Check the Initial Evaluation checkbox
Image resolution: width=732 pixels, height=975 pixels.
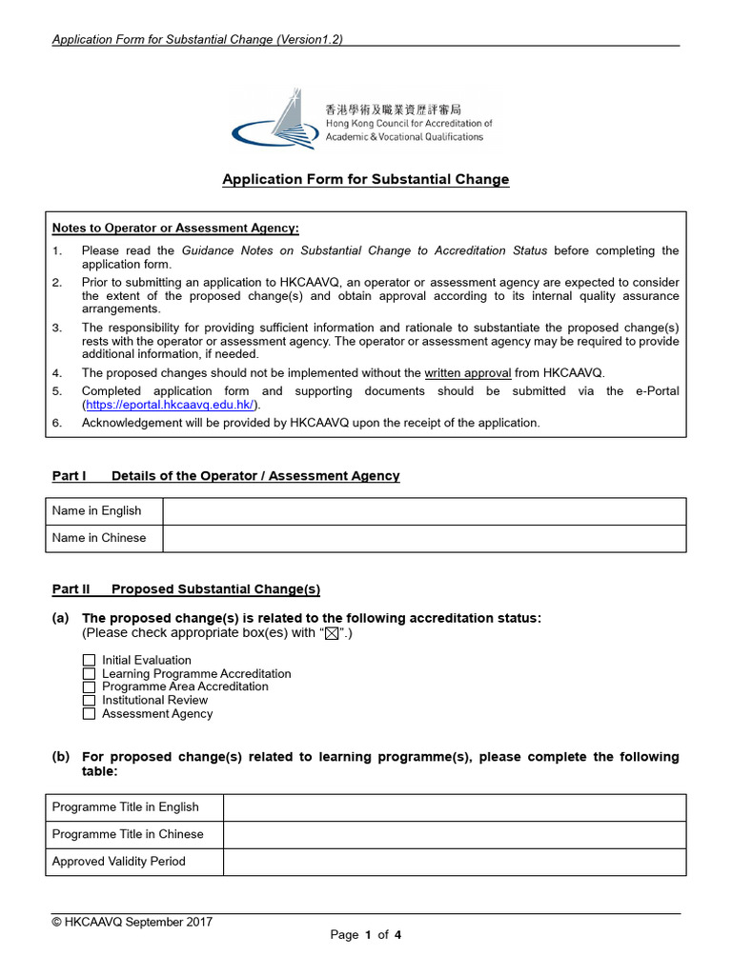pyautogui.click(x=89, y=660)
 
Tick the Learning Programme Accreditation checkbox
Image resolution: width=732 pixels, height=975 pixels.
pyautogui.click(x=89, y=673)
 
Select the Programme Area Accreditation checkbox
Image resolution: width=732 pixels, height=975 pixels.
pyautogui.click(x=89, y=686)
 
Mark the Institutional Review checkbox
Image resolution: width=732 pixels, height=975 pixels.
pyautogui.click(x=89, y=700)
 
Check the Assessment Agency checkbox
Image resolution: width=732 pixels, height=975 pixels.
pyautogui.click(x=89, y=713)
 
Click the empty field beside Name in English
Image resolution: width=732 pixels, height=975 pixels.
pyautogui.click(x=423, y=511)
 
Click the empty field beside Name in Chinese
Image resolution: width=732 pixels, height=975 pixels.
pyautogui.click(x=423, y=538)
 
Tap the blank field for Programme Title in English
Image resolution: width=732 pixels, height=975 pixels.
pyautogui.click(x=454, y=807)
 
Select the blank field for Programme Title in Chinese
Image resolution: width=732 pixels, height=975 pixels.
pyautogui.click(x=454, y=834)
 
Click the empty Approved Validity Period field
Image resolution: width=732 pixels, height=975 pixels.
pyautogui.click(x=454, y=862)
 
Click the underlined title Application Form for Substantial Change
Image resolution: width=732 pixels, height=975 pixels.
pyautogui.click(x=366, y=179)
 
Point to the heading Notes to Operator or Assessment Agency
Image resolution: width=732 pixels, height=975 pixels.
pyautogui.click(x=175, y=228)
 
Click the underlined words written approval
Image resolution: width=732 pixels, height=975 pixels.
pyautogui.click(x=467, y=373)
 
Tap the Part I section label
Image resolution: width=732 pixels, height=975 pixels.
pyautogui.click(x=69, y=476)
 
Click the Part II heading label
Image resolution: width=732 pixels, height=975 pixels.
pyautogui.click(x=71, y=589)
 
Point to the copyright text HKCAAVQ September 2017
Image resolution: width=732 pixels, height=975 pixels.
pyautogui.click(x=132, y=922)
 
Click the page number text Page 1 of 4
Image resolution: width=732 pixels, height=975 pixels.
pyautogui.click(x=366, y=935)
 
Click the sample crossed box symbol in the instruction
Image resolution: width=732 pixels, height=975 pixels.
pyautogui.click(x=332, y=634)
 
